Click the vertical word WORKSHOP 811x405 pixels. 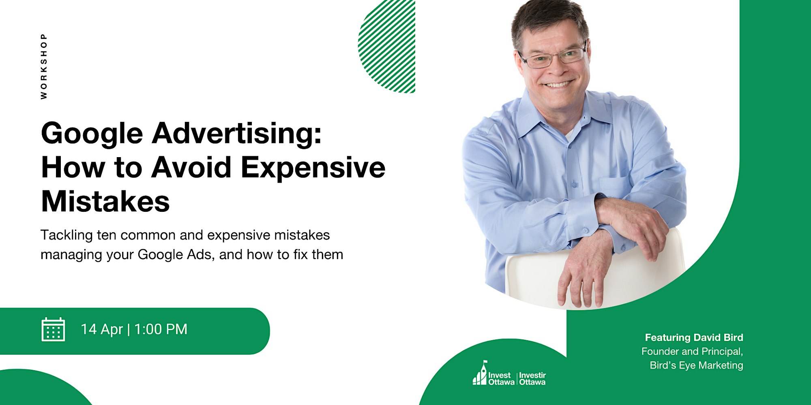click(x=44, y=66)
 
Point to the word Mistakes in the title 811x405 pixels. click(x=105, y=201)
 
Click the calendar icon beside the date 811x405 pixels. click(x=53, y=329)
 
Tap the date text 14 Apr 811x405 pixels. click(x=102, y=329)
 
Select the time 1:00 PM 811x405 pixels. click(x=161, y=329)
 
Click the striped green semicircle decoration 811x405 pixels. click(x=387, y=46)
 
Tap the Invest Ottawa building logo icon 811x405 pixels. click(x=480, y=373)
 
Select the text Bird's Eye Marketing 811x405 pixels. click(x=696, y=365)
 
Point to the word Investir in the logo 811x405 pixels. click(x=532, y=375)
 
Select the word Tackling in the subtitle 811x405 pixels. click(x=67, y=235)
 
